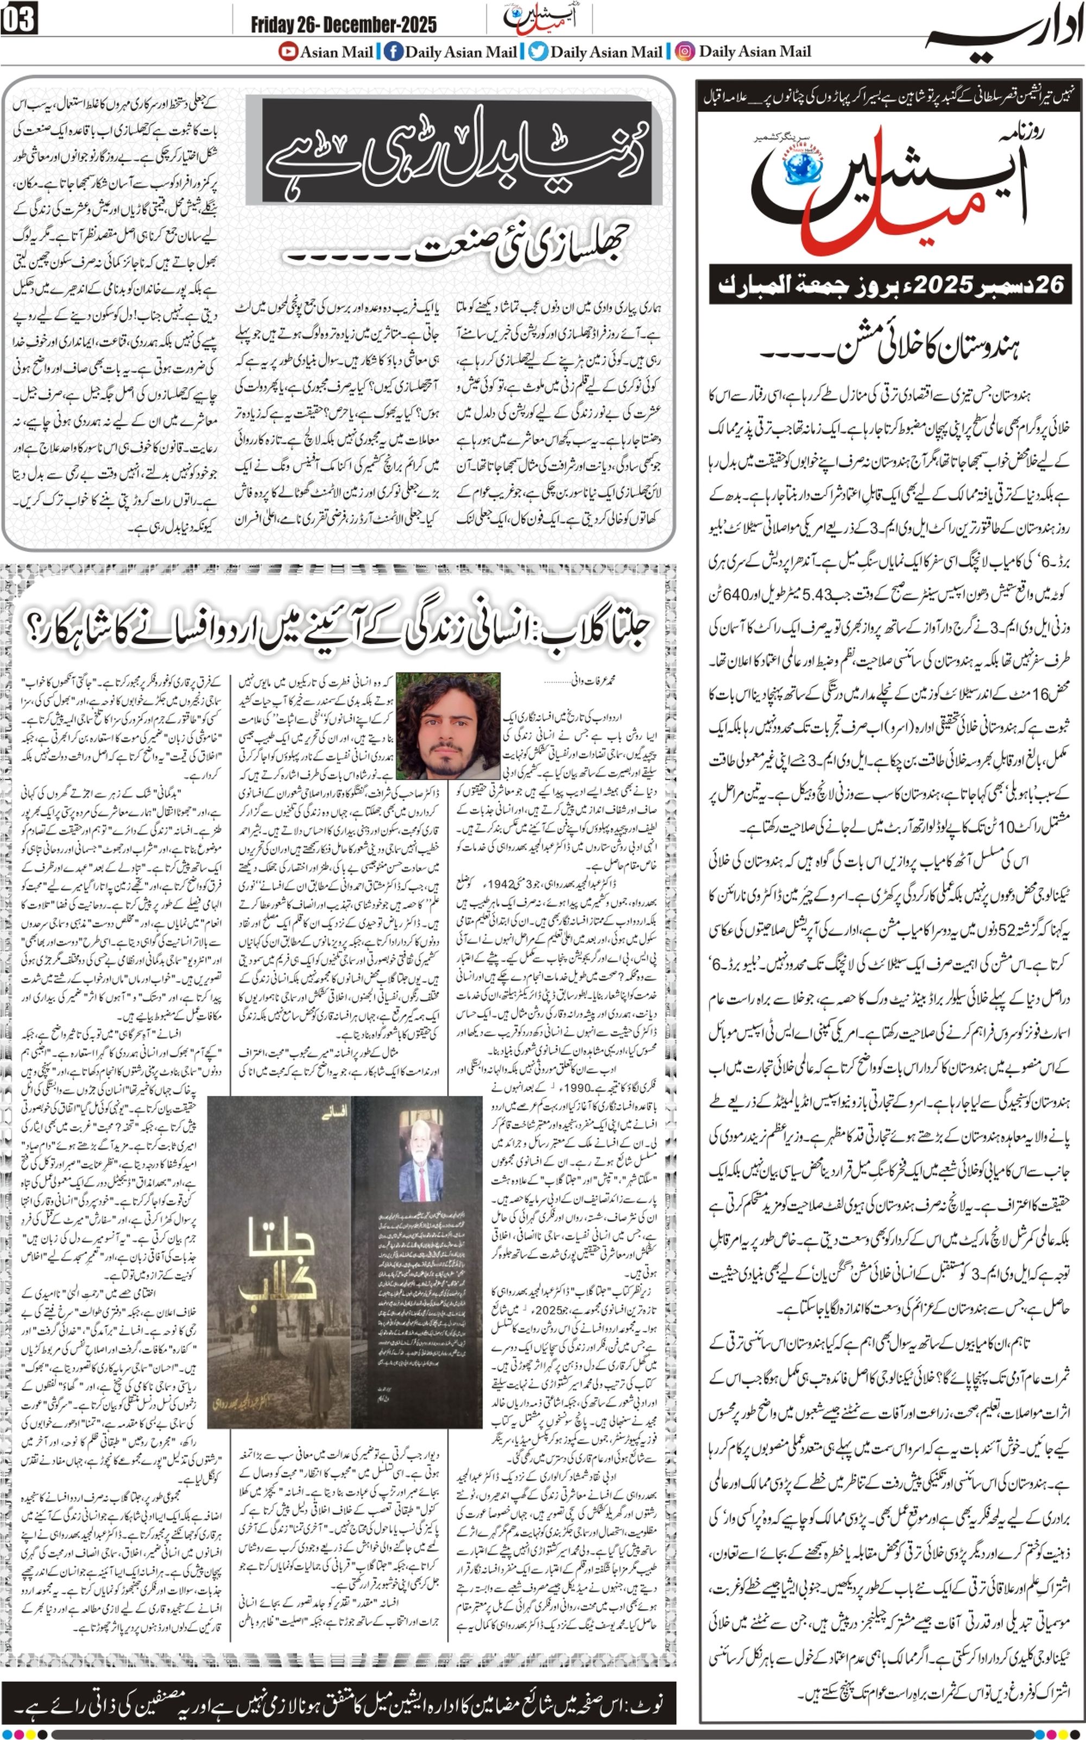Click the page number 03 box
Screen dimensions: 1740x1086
20,20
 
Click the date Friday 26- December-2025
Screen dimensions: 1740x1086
343,25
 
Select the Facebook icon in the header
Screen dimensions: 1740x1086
393,51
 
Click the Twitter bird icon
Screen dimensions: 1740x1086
537,51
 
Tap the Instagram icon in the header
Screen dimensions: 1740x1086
685,51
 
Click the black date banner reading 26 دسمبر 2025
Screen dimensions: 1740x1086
890,285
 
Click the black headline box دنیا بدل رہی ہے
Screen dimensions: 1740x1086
456,152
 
